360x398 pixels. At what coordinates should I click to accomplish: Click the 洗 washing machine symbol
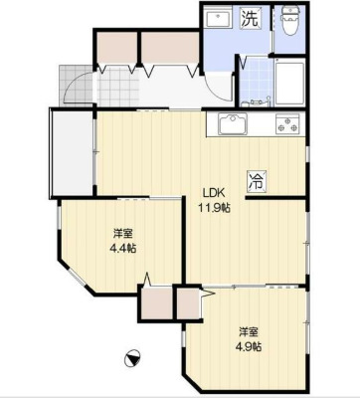tap(251, 18)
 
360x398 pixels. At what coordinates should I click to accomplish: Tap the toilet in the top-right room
tap(290, 21)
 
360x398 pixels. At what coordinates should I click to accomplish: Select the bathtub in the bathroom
tap(289, 84)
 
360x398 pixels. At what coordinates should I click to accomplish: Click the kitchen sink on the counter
tap(233, 124)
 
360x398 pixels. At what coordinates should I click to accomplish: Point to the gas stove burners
tap(287, 124)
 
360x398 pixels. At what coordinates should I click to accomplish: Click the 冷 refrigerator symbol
tap(257, 181)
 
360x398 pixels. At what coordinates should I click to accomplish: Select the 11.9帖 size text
tap(214, 208)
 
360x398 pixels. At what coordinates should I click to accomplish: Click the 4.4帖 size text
tap(123, 249)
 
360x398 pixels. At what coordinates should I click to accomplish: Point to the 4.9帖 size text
tap(249, 346)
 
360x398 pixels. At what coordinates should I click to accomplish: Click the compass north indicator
tap(132, 359)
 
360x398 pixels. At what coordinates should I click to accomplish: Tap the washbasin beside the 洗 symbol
tap(218, 20)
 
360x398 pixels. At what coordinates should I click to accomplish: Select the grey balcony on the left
tap(72, 153)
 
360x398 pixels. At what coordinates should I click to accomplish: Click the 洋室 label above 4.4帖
tap(123, 234)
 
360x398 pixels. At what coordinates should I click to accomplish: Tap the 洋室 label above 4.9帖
tap(249, 331)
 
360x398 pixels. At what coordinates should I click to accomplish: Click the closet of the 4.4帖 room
tap(156, 303)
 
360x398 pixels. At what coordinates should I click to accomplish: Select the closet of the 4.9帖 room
tap(188, 303)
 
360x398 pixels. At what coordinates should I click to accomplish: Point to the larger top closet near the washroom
tap(170, 48)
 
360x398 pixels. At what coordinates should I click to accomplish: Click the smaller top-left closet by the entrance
tap(116, 48)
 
